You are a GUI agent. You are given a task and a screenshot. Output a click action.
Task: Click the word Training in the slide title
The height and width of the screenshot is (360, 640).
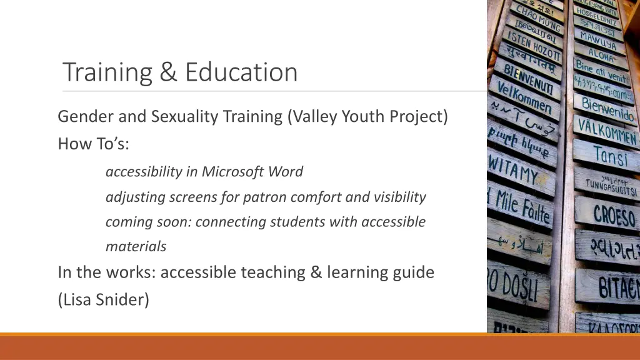click(107, 72)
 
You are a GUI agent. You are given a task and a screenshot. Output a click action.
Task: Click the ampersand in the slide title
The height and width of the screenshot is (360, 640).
click(167, 72)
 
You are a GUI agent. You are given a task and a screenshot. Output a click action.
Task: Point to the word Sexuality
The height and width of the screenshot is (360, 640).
click(178, 117)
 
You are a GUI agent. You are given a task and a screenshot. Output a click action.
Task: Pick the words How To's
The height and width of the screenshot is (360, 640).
click(94, 144)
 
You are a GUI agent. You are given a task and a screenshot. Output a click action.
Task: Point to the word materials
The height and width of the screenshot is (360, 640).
click(136, 247)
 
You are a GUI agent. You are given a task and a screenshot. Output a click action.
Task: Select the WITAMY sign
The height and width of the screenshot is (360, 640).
click(512, 170)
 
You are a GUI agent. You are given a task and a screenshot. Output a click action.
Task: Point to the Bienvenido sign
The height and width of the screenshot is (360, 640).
click(607, 109)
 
